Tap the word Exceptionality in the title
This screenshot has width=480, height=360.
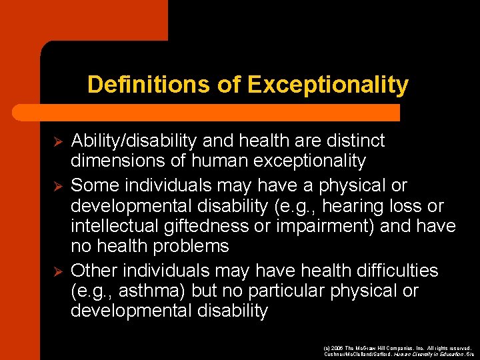click(x=327, y=85)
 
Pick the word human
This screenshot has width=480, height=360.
click(x=213, y=161)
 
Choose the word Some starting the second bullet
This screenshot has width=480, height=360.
click(x=92, y=185)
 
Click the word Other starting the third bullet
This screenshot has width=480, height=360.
click(x=92, y=270)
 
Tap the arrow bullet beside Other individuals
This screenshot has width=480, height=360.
click(x=57, y=271)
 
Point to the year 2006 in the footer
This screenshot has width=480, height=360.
click(x=335, y=348)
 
